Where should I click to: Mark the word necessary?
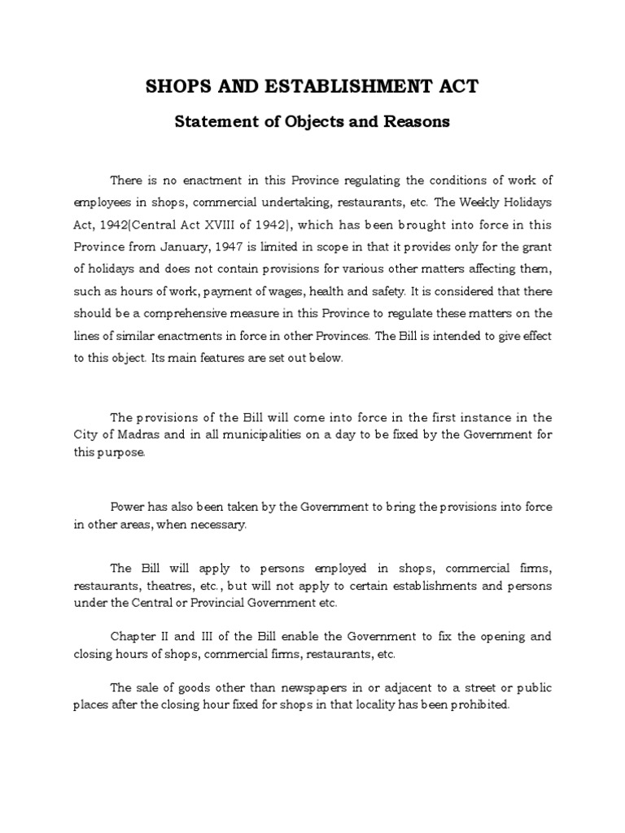point(218,525)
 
